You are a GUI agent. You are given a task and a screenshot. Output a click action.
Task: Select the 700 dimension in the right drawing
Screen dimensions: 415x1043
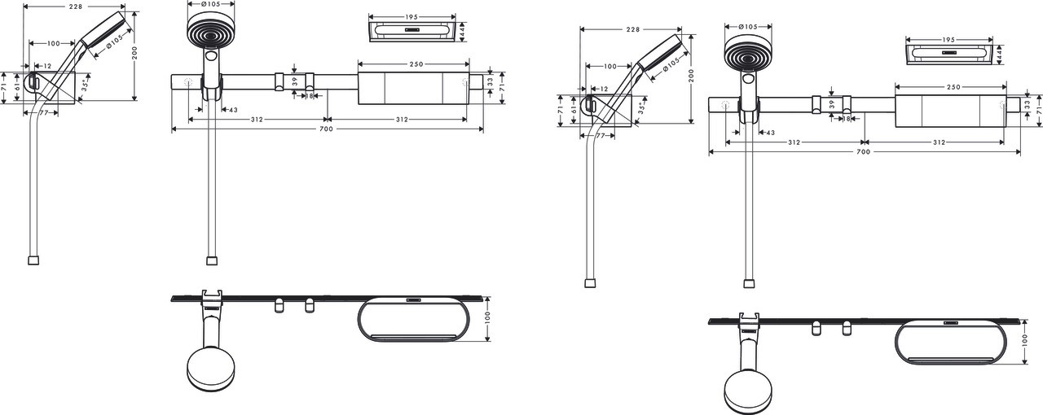click(x=865, y=152)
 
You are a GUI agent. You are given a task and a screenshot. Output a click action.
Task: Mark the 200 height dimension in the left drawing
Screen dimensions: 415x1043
click(x=135, y=55)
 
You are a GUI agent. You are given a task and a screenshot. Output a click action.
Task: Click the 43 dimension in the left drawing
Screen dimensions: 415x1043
click(x=232, y=110)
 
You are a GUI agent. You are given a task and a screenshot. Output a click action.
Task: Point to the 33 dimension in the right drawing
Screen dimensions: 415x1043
click(x=1028, y=104)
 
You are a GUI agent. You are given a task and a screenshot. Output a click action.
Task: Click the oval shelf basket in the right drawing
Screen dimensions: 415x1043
click(x=952, y=343)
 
